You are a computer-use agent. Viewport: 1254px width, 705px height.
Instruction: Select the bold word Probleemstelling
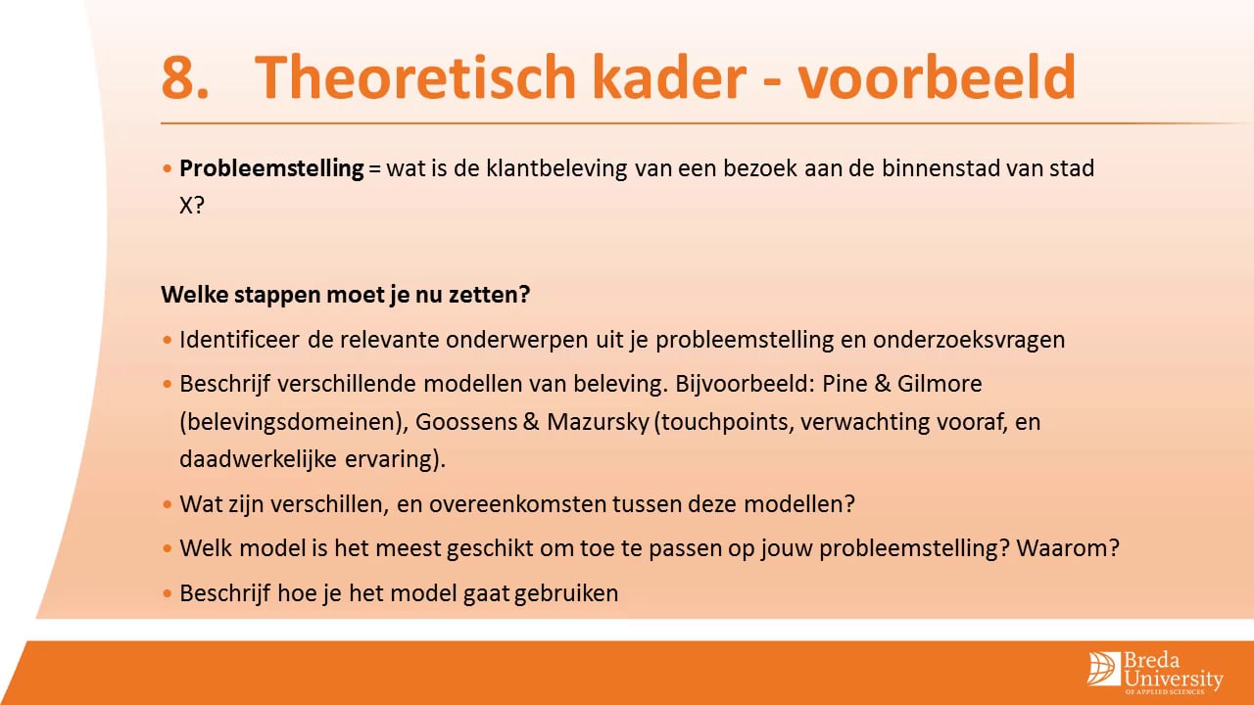(x=271, y=168)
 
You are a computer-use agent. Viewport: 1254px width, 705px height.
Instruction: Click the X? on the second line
(x=192, y=208)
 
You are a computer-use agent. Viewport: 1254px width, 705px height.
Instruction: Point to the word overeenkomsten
(x=535, y=505)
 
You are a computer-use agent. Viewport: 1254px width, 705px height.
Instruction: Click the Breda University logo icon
(x=1104, y=667)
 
